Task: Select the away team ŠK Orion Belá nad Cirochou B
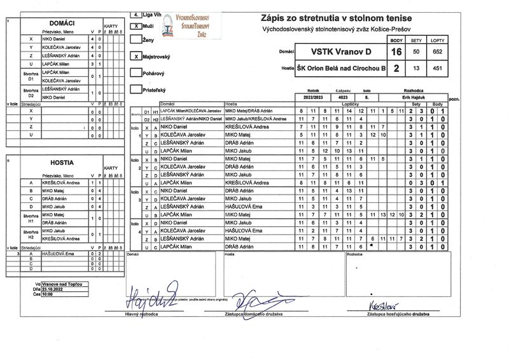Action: (341, 69)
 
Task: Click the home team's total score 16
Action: (396, 52)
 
